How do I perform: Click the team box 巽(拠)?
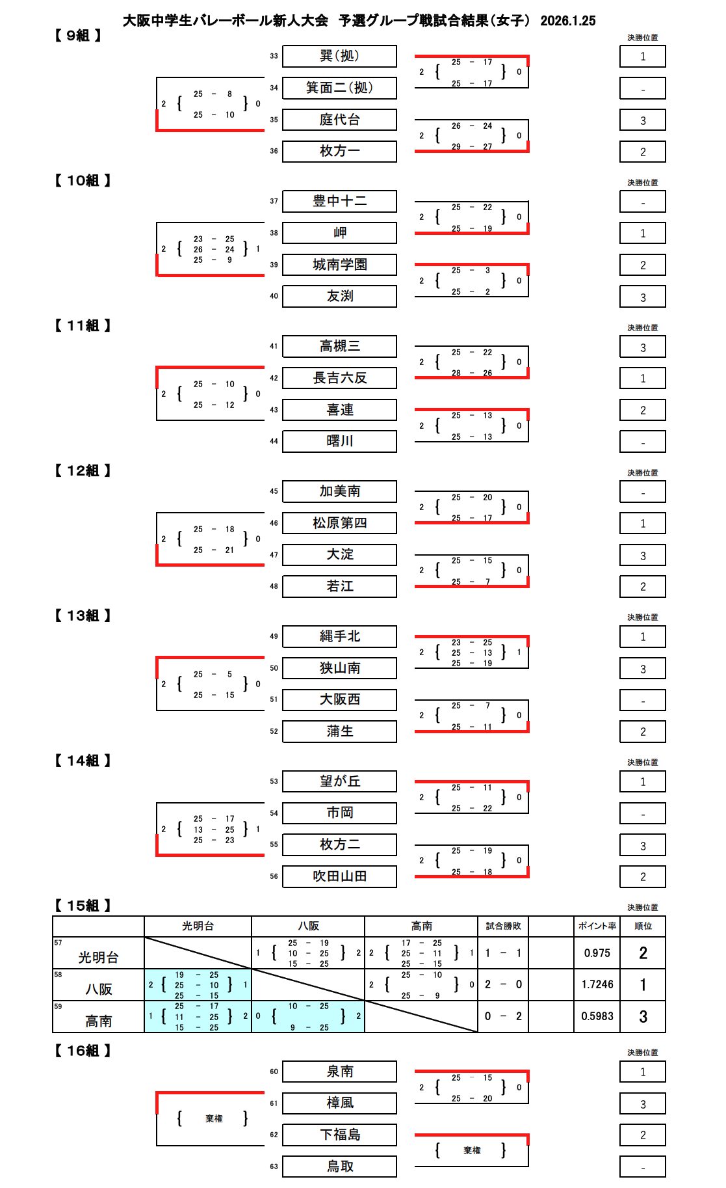tap(339, 56)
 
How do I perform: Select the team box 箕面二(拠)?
tap(339, 88)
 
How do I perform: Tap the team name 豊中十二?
tap(339, 201)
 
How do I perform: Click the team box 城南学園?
tap(339, 265)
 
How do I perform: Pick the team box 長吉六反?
tap(339, 378)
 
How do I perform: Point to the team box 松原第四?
tap(339, 523)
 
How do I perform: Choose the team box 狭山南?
tap(339, 668)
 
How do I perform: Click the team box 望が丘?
tap(339, 781)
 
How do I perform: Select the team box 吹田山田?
tap(339, 876)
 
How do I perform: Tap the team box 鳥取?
tap(339, 1167)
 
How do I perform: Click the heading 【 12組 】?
tap(83, 470)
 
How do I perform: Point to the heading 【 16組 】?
tap(83, 1051)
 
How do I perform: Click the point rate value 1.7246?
tap(597, 985)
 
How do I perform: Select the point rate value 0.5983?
tap(597, 1016)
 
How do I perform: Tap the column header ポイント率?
tap(597, 926)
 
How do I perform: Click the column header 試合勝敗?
tap(503, 926)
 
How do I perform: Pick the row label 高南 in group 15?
tap(99, 1021)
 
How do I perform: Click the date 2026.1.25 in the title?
tap(567, 21)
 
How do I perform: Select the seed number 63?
tap(274, 1167)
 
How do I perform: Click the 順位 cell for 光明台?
tap(643, 953)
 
